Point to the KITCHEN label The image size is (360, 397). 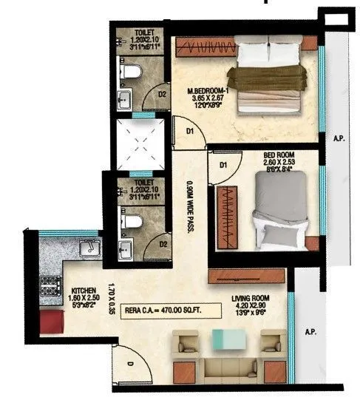pos(81,291)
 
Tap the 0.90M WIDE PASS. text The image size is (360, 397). pos(189,208)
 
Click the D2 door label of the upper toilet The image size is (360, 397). pos(161,94)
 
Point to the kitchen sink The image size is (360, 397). pos(89,247)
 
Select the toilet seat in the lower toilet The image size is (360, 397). pos(131,220)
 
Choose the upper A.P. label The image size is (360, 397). pos(339,138)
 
